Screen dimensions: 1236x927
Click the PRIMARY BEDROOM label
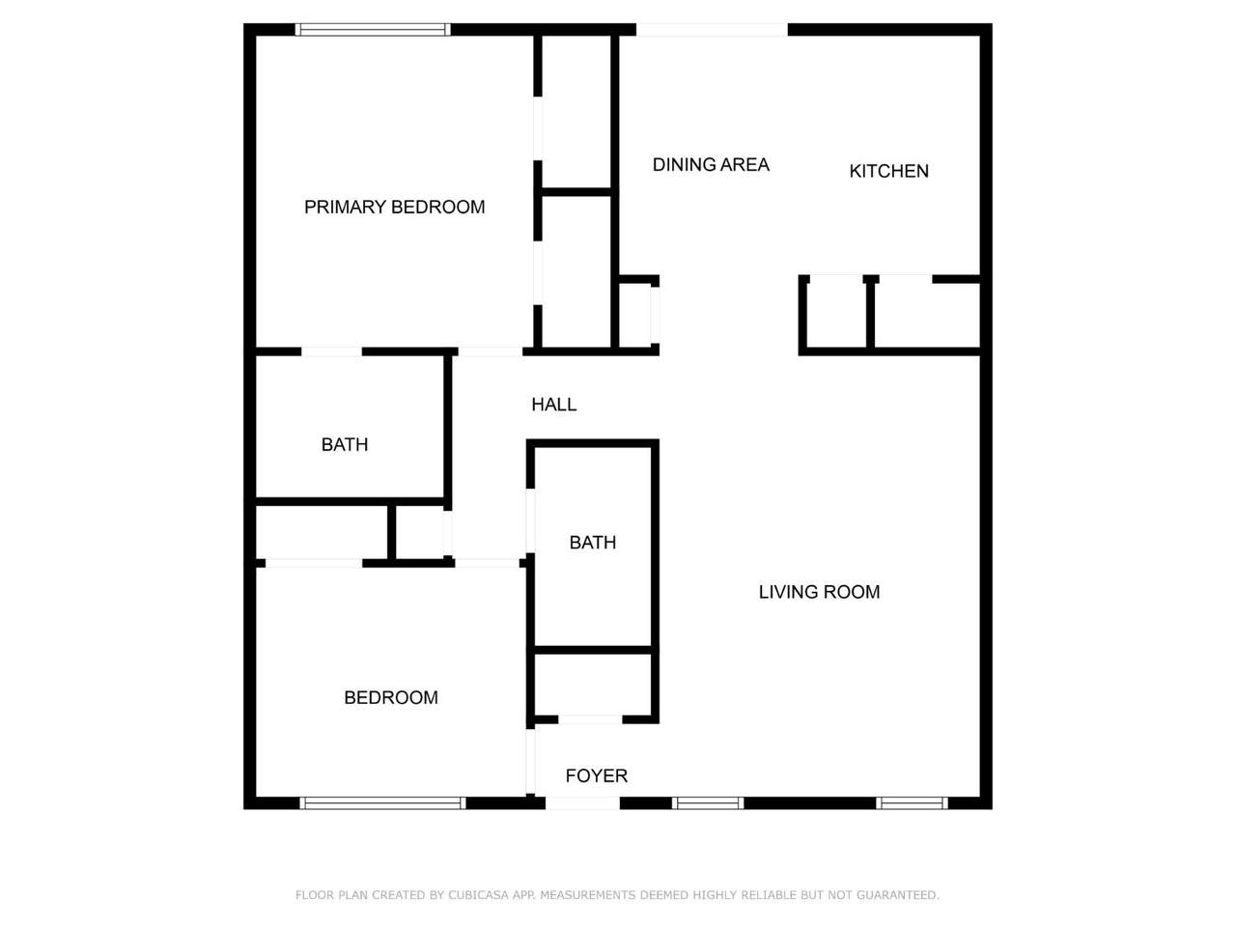(x=394, y=207)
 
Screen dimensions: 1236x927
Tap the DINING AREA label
(x=711, y=164)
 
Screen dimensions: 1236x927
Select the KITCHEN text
(x=888, y=171)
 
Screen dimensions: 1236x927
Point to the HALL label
(x=553, y=405)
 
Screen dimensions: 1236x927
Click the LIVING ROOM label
(x=819, y=592)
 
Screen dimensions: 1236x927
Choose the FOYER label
(x=597, y=775)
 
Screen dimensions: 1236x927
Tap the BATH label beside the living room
(x=592, y=542)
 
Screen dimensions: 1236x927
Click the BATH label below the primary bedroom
(x=345, y=444)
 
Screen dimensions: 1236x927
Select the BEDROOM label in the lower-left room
(x=391, y=697)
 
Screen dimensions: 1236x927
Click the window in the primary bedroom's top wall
(x=373, y=29)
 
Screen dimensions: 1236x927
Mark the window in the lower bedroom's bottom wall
(x=382, y=803)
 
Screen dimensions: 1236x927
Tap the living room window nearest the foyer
(x=708, y=803)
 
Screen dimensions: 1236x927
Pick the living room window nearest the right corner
(x=912, y=803)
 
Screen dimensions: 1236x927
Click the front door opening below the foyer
(x=583, y=803)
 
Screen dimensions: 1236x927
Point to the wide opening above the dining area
(x=712, y=29)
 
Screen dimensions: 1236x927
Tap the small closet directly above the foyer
(x=592, y=685)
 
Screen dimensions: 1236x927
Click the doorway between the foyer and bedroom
(x=530, y=762)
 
